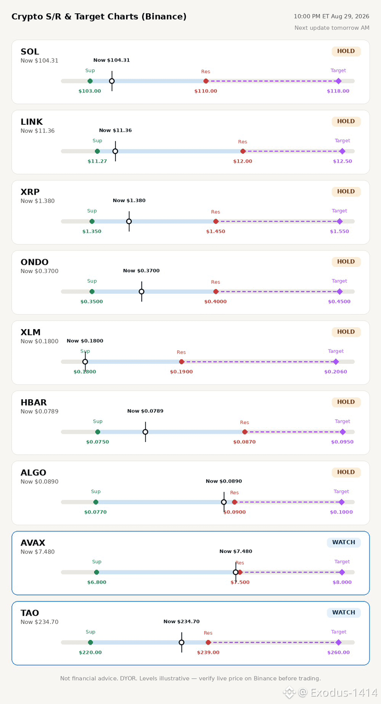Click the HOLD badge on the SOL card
tap(346, 51)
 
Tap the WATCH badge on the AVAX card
tap(344, 542)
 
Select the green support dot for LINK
tap(98, 151)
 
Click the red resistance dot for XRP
tap(216, 221)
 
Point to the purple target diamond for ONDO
tap(340, 291)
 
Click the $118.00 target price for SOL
tap(338, 91)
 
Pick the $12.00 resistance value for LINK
tap(242, 161)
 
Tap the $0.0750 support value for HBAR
tap(98, 442)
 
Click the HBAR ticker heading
tap(34, 402)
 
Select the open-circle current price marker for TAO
tap(182, 642)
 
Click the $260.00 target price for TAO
tap(338, 652)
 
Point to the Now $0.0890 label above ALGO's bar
tap(224, 481)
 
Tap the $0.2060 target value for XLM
tap(335, 372)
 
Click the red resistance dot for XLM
tap(182, 362)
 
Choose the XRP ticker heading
tap(30, 192)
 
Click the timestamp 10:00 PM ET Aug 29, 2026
tap(331, 16)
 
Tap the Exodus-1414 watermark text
tap(344, 692)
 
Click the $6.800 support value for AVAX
tap(97, 582)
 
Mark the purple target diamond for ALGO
tap(341, 502)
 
